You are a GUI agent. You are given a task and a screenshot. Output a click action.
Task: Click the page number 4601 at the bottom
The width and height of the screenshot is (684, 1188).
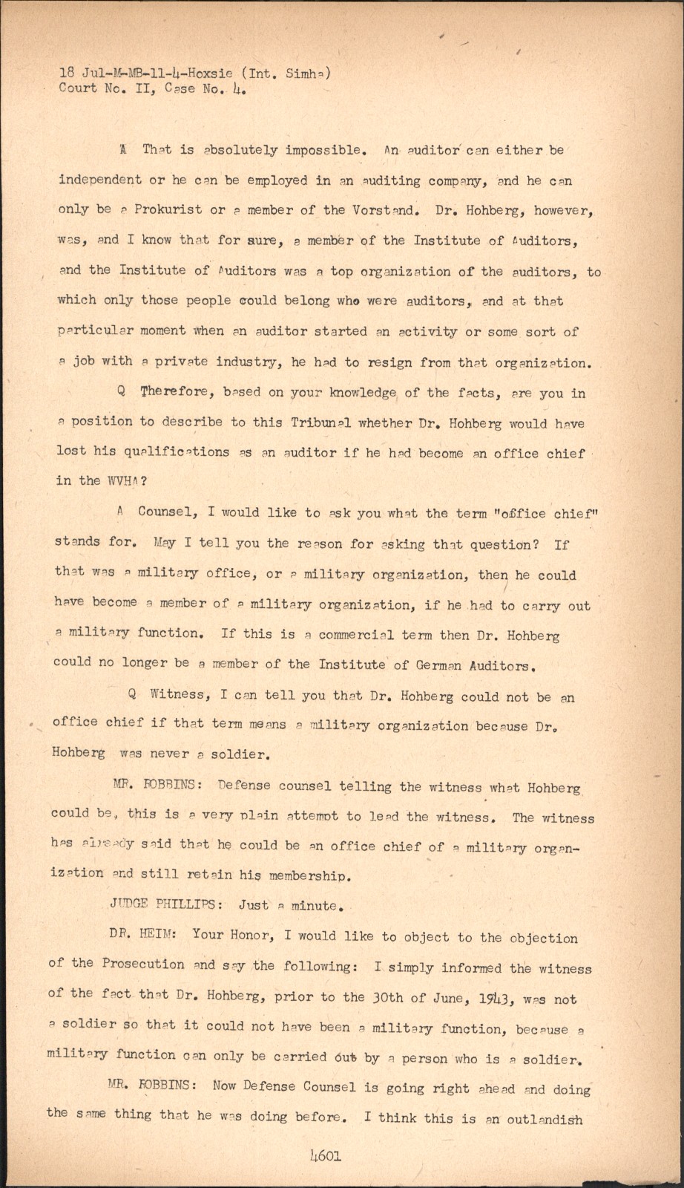(x=326, y=1156)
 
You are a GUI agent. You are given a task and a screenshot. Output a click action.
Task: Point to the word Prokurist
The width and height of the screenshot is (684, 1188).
(x=161, y=210)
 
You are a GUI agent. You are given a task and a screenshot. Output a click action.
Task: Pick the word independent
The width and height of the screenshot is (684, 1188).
(x=99, y=180)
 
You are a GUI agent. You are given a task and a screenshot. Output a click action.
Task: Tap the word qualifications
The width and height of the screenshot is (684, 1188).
(x=177, y=452)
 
